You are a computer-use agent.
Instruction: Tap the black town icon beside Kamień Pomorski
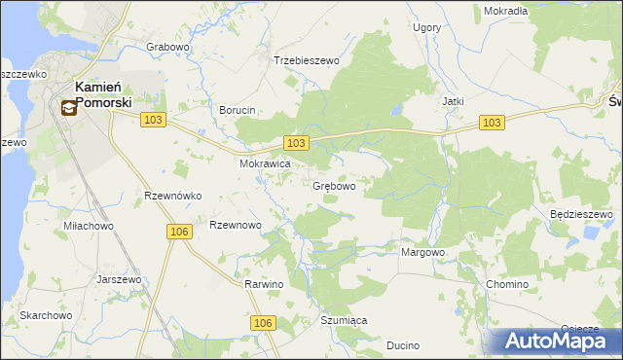pos(69,108)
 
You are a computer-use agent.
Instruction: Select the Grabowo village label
pos(166,47)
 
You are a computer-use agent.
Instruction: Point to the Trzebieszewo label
pos(306,60)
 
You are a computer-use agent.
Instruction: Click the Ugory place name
pos(426,27)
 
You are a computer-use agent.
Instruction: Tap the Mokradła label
pos(505,11)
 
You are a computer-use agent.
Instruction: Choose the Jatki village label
pos(452,101)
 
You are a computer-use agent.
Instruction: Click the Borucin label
pos(238,110)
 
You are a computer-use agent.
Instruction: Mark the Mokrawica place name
pos(266,164)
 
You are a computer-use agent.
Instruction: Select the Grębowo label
pos(334,186)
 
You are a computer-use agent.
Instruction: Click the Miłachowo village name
pos(89,226)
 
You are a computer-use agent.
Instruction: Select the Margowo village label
pos(422,252)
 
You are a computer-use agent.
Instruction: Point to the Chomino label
pos(507,284)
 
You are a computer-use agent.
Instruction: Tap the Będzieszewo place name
pos(580,214)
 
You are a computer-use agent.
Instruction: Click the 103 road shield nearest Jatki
pos(493,122)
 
